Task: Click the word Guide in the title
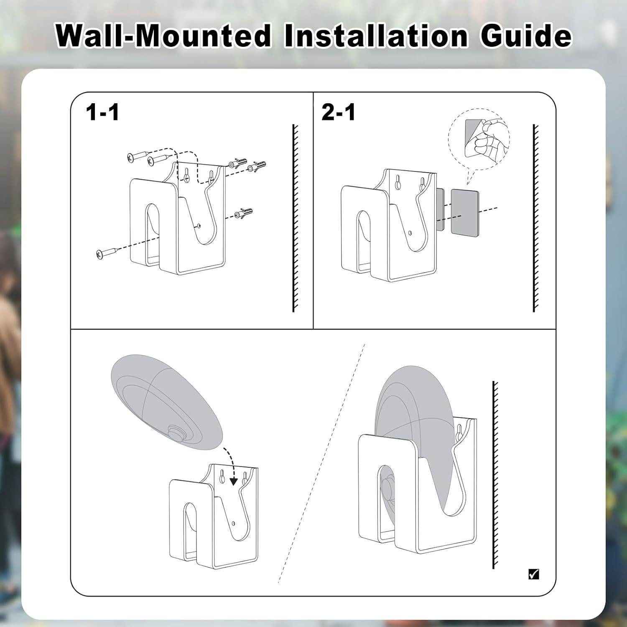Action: coord(525,36)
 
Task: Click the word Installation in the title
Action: coord(376,36)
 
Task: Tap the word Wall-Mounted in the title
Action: coord(164,36)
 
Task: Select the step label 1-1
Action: coord(102,112)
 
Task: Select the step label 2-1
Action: coord(339,112)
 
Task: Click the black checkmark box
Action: coord(534,574)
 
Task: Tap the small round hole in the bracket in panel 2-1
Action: coord(410,233)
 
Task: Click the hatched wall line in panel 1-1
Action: coord(296,218)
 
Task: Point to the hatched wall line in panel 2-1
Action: coord(536,218)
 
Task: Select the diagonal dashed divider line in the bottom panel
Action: coord(321,463)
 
